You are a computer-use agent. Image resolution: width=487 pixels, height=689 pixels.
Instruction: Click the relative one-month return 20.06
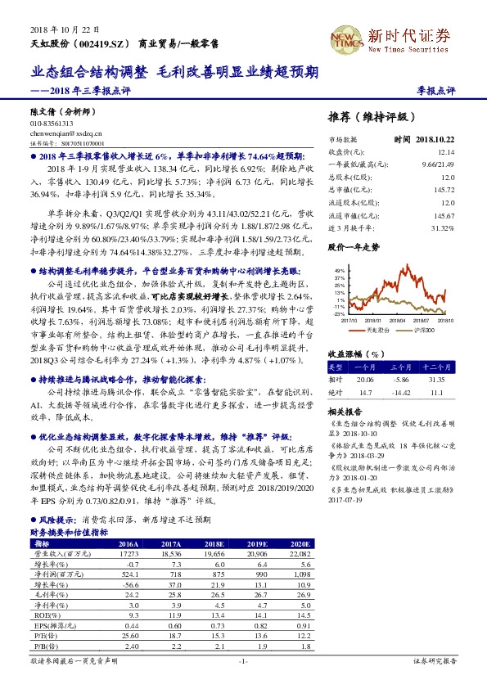[365, 380]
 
